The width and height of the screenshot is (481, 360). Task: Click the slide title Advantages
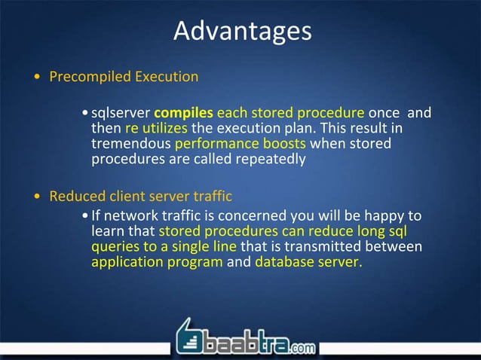[x=241, y=31]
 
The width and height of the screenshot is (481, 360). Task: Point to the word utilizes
[x=164, y=129]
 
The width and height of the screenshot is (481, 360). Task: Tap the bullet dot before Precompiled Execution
[x=38, y=78]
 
